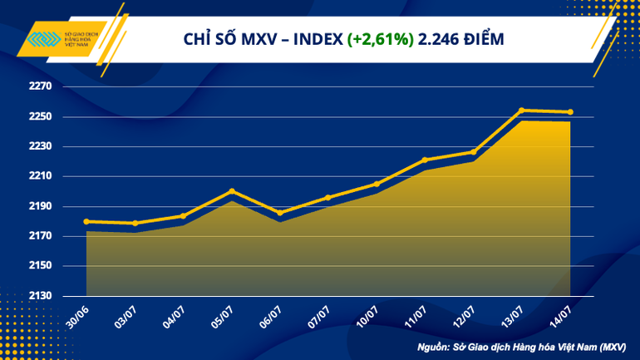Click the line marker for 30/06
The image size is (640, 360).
click(86, 221)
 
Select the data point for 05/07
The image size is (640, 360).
click(232, 191)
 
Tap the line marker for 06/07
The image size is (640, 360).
click(280, 213)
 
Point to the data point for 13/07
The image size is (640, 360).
click(521, 110)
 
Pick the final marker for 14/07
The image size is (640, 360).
click(570, 112)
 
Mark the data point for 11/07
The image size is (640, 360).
click(425, 160)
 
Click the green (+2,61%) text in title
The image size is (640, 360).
click(380, 38)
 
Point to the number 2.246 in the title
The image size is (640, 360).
click(441, 38)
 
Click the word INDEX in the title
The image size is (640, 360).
click(316, 38)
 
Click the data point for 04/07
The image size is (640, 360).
click(183, 216)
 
